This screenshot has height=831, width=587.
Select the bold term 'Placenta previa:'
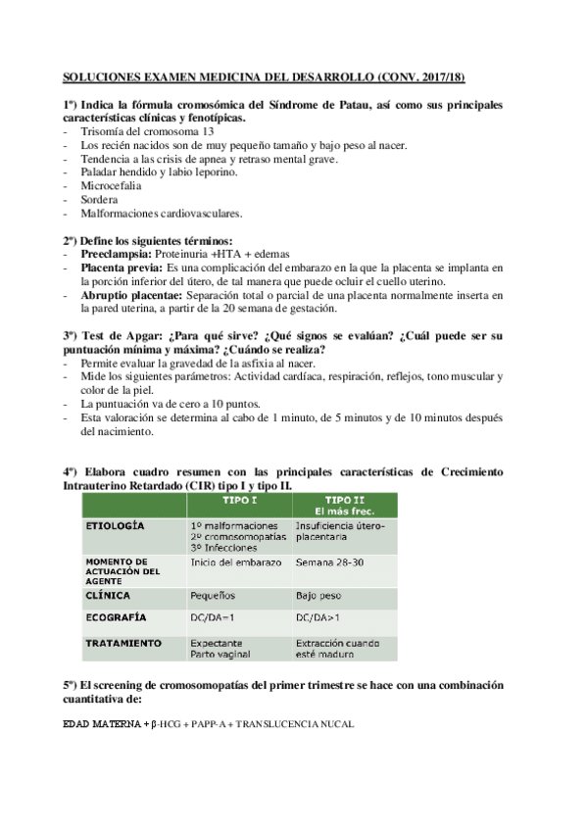coord(122,267)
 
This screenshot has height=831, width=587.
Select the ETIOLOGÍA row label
coord(114,525)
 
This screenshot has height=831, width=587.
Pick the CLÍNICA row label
coord(107,594)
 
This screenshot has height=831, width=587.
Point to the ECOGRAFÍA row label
coord(115,618)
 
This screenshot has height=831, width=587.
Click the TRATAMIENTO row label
coord(122,643)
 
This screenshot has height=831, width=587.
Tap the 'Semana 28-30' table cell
coord(330,562)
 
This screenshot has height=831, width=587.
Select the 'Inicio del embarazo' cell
coord(235,562)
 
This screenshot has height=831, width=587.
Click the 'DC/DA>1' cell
coord(319,618)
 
